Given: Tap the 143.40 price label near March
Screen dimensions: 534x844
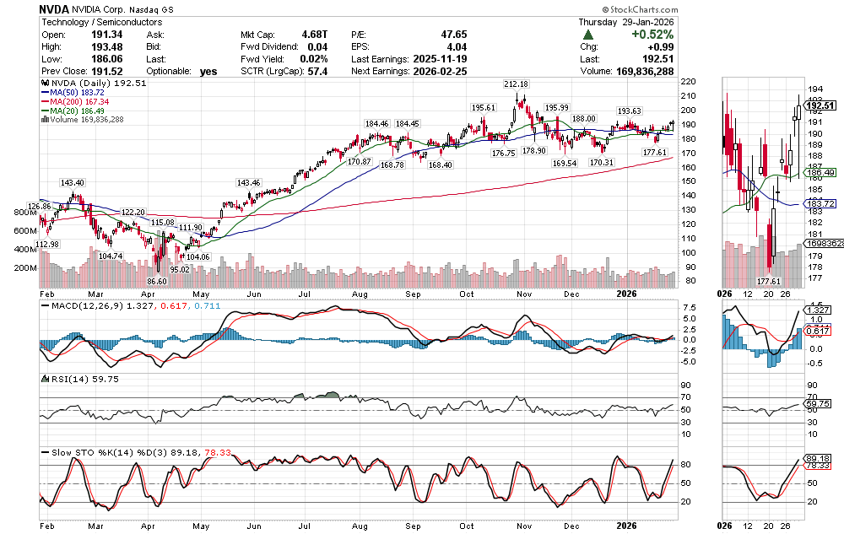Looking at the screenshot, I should click(x=72, y=182).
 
